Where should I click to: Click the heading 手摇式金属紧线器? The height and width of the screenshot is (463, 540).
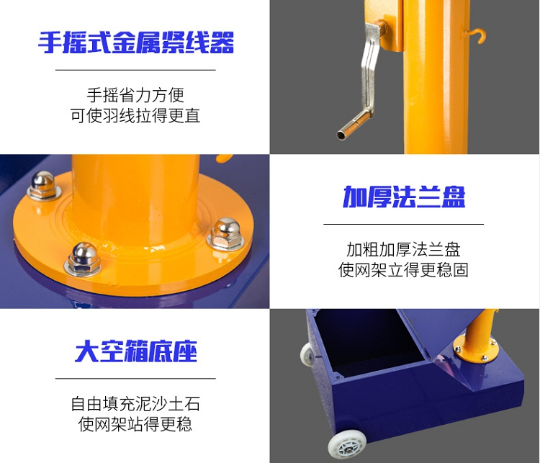(x=135, y=42)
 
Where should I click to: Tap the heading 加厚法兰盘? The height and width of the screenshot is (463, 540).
(x=404, y=197)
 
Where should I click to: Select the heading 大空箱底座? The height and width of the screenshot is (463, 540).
(x=135, y=351)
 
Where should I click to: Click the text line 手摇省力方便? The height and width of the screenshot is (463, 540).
(x=135, y=95)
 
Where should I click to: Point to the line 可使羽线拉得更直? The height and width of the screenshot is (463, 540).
(x=135, y=115)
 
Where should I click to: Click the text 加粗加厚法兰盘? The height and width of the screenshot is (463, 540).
(x=403, y=249)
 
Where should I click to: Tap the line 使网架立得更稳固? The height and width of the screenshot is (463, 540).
(x=403, y=270)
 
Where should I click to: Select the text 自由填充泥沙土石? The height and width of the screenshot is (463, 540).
(x=135, y=404)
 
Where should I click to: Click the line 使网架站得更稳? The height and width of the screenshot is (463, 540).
(x=135, y=424)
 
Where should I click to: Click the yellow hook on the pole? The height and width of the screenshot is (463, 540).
(x=477, y=35)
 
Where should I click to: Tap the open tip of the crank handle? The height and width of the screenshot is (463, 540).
(x=341, y=135)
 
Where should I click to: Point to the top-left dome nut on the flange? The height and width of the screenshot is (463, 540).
(x=44, y=185)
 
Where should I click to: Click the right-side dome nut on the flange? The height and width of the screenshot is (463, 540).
(x=226, y=234)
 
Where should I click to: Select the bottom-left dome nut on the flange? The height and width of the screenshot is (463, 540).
(x=83, y=259)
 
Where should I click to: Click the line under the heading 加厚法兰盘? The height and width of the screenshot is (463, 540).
(x=403, y=224)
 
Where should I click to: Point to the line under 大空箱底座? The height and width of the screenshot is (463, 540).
(x=135, y=378)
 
